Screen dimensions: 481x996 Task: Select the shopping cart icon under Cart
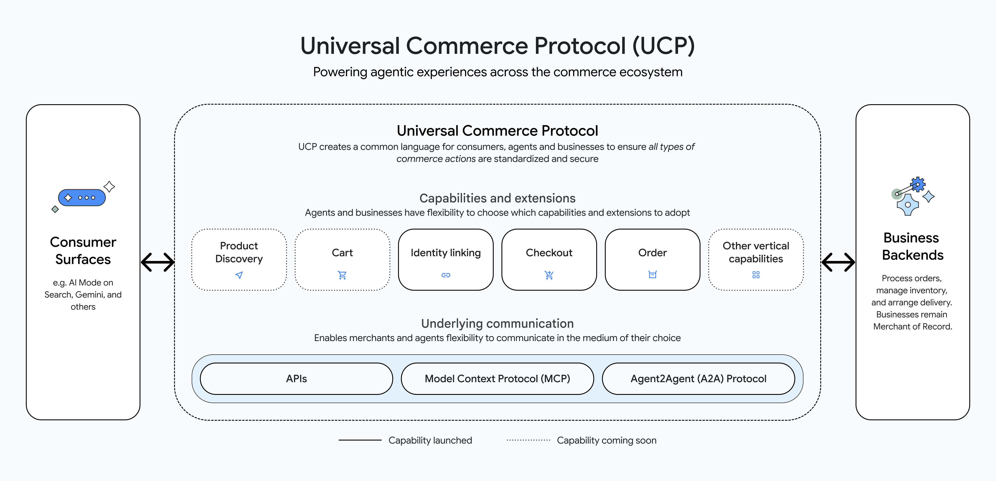pyautogui.click(x=342, y=275)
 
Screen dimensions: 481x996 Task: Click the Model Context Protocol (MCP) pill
pyautogui.click(x=497, y=379)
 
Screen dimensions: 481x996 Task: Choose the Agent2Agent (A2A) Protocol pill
pyautogui.click(x=698, y=379)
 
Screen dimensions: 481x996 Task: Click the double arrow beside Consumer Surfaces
pyautogui.click(x=157, y=262)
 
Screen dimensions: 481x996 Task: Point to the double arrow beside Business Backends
pyautogui.click(x=838, y=262)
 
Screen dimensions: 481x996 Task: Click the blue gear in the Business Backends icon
pyautogui.click(x=918, y=184)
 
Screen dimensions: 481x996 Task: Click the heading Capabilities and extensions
pyautogui.click(x=497, y=198)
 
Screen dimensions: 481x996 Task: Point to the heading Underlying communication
pyautogui.click(x=497, y=323)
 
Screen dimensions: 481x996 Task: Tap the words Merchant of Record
pyautogui.click(x=912, y=326)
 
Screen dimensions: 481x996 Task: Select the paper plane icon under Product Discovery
pyautogui.click(x=239, y=275)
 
